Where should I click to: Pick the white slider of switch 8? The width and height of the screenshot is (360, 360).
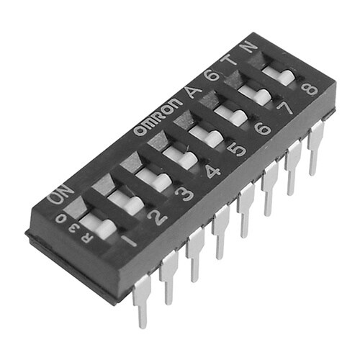pyautogui.click(x=278, y=75)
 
